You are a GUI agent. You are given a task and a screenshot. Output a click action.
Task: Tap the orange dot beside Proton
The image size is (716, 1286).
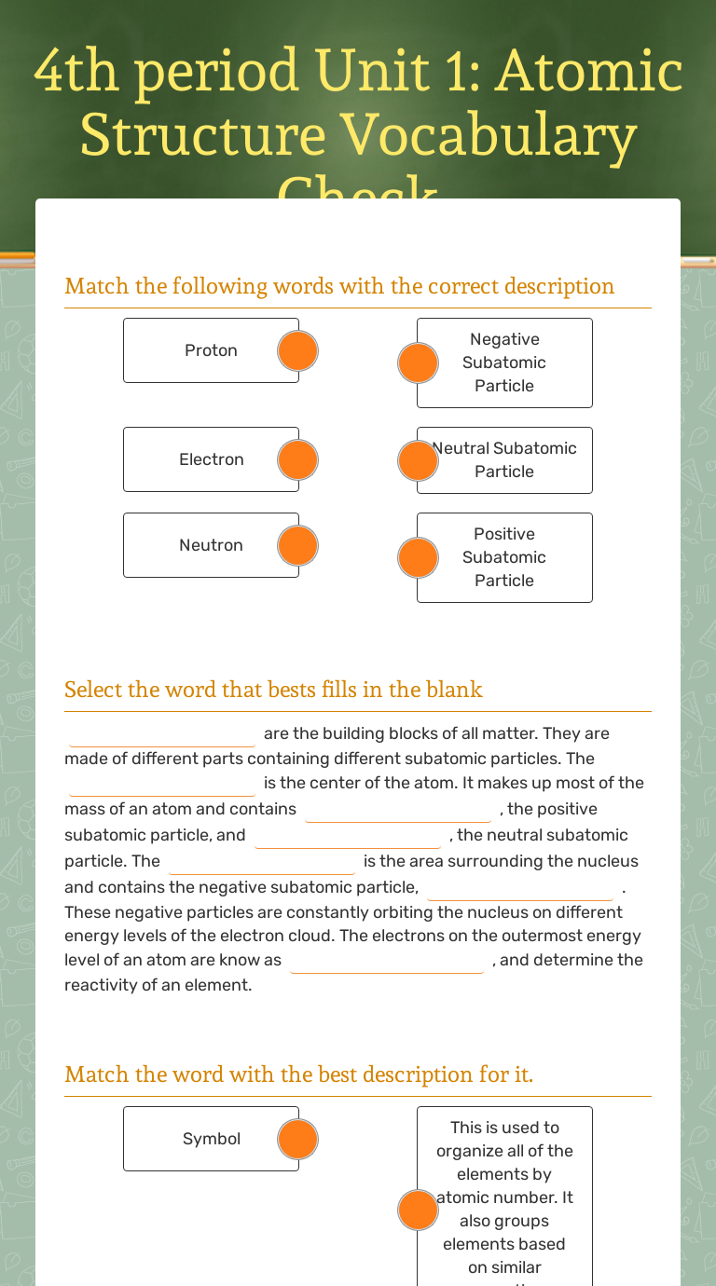click(x=298, y=351)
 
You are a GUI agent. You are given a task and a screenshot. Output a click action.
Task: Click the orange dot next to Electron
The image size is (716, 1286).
click(x=298, y=460)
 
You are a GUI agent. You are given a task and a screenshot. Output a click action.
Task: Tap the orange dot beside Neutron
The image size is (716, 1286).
click(x=298, y=546)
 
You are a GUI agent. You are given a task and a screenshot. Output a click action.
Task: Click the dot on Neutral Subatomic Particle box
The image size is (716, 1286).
click(x=418, y=460)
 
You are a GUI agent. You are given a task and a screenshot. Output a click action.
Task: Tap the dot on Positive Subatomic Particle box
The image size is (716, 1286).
click(x=418, y=557)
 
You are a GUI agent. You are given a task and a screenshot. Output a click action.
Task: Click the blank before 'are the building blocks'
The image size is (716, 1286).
click(x=162, y=734)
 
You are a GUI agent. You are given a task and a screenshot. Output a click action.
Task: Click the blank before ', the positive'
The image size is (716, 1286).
click(x=398, y=810)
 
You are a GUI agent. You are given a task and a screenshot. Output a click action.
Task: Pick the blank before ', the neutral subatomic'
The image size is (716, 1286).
click(x=348, y=836)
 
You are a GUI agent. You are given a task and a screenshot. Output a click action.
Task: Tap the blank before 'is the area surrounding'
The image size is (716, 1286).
click(x=262, y=862)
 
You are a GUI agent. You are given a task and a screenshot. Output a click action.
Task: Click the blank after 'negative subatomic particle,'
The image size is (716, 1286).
click(x=520, y=888)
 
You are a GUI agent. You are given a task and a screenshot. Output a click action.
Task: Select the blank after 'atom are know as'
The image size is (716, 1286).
click(x=387, y=961)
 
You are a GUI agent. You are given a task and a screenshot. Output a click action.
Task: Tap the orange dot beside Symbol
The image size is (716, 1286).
click(x=298, y=1140)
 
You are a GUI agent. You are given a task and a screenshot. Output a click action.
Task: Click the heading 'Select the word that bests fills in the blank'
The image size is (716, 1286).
click(x=273, y=690)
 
